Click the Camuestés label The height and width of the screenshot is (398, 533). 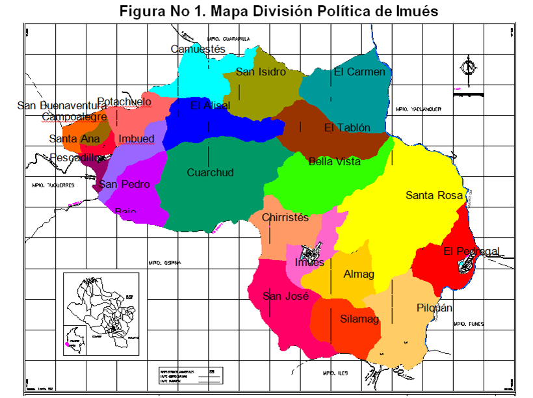coord(198,49)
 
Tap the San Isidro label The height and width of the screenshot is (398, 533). coord(260,72)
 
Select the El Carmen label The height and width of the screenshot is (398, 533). coord(359,72)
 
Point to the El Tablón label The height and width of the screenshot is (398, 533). coord(347,127)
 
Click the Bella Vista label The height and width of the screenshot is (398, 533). coord(334,161)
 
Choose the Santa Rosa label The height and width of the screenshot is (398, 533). coord(434,195)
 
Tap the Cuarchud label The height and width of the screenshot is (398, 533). coord(210,172)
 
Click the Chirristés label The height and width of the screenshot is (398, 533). coord(285,217)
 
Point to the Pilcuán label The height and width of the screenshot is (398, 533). coord(434,308)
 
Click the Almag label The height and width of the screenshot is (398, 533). coord(359,274)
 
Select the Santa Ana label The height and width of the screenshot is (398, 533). coord(74,139)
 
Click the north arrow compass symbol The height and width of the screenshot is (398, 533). coord(467,67)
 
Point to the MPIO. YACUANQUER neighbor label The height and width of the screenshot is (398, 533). coord(418,110)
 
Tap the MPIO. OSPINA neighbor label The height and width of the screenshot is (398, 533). coord(163,263)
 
